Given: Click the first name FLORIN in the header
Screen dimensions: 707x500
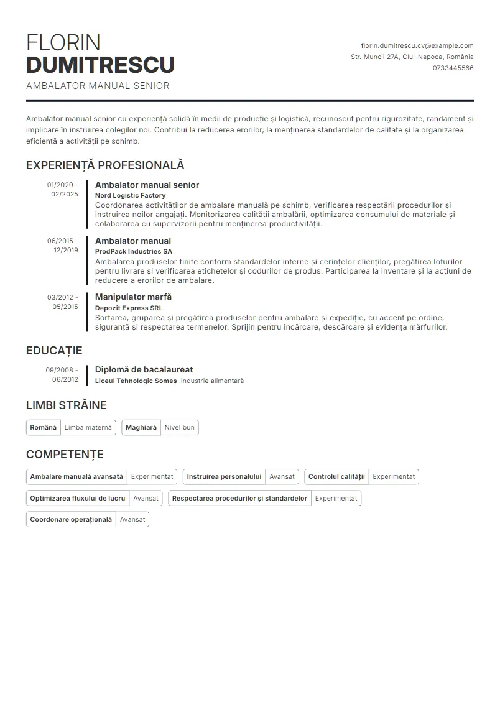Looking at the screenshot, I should pos(63,42).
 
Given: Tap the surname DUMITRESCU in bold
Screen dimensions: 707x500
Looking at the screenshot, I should pos(100,65).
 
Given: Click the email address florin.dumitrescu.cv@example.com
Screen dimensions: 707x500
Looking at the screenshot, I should pos(417,45).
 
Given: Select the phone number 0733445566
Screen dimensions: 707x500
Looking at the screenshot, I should pos(453,68).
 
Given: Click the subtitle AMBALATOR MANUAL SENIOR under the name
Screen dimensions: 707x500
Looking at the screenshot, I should pos(98,86).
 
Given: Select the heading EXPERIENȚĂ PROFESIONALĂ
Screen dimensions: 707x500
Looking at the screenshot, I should pos(105,165).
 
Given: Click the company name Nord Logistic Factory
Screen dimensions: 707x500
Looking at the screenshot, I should pos(130,195).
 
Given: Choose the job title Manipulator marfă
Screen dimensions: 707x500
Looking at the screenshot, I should pos(133,297).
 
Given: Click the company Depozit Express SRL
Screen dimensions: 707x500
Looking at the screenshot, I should pos(128,308).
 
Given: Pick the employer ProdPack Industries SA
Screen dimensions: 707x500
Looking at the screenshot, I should pos(133,252).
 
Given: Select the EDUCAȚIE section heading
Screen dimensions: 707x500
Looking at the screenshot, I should pos(54,351).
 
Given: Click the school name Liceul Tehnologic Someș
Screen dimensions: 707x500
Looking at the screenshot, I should pos(136,381).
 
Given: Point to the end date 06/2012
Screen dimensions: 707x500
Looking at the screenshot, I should pos(65,379).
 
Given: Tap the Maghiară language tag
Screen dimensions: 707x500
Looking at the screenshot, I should pos(141,427).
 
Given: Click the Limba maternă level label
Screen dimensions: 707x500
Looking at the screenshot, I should pos(88,427).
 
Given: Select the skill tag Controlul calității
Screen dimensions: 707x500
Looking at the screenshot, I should pos(336,476).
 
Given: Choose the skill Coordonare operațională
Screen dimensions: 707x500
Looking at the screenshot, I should pos(71,519).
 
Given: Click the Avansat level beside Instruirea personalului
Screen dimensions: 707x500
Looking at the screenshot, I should pos(282,476).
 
